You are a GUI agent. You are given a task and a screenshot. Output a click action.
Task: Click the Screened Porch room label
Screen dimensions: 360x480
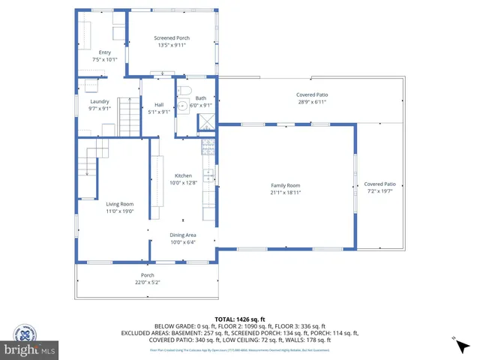point(172,37)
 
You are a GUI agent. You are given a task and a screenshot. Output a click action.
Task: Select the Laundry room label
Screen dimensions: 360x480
point(100,101)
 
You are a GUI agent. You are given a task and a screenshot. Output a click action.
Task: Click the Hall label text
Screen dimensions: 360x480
point(159,104)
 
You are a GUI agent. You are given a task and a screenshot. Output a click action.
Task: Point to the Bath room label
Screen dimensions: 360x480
point(200,98)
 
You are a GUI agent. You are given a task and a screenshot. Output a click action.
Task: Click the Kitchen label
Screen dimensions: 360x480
point(184,175)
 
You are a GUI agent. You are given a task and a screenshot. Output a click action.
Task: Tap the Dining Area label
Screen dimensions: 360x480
point(184,235)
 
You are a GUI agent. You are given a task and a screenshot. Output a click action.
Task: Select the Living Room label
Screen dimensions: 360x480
point(119,204)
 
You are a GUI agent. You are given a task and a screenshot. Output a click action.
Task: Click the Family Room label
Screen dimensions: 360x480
point(285,185)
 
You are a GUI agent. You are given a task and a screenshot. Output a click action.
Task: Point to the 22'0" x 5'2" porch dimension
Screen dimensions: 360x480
point(148,282)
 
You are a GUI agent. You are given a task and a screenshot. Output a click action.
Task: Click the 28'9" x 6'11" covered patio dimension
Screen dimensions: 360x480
point(312,102)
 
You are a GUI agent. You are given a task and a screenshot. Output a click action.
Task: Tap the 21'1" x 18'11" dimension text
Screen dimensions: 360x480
point(285,192)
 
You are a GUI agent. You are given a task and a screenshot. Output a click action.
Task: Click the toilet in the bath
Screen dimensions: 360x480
point(184,106)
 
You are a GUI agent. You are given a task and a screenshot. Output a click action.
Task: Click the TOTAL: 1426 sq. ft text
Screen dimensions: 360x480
point(239,319)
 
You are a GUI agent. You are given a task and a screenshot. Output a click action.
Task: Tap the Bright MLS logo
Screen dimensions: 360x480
point(29,349)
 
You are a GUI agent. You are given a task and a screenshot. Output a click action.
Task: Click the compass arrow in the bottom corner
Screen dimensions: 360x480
point(454,340)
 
